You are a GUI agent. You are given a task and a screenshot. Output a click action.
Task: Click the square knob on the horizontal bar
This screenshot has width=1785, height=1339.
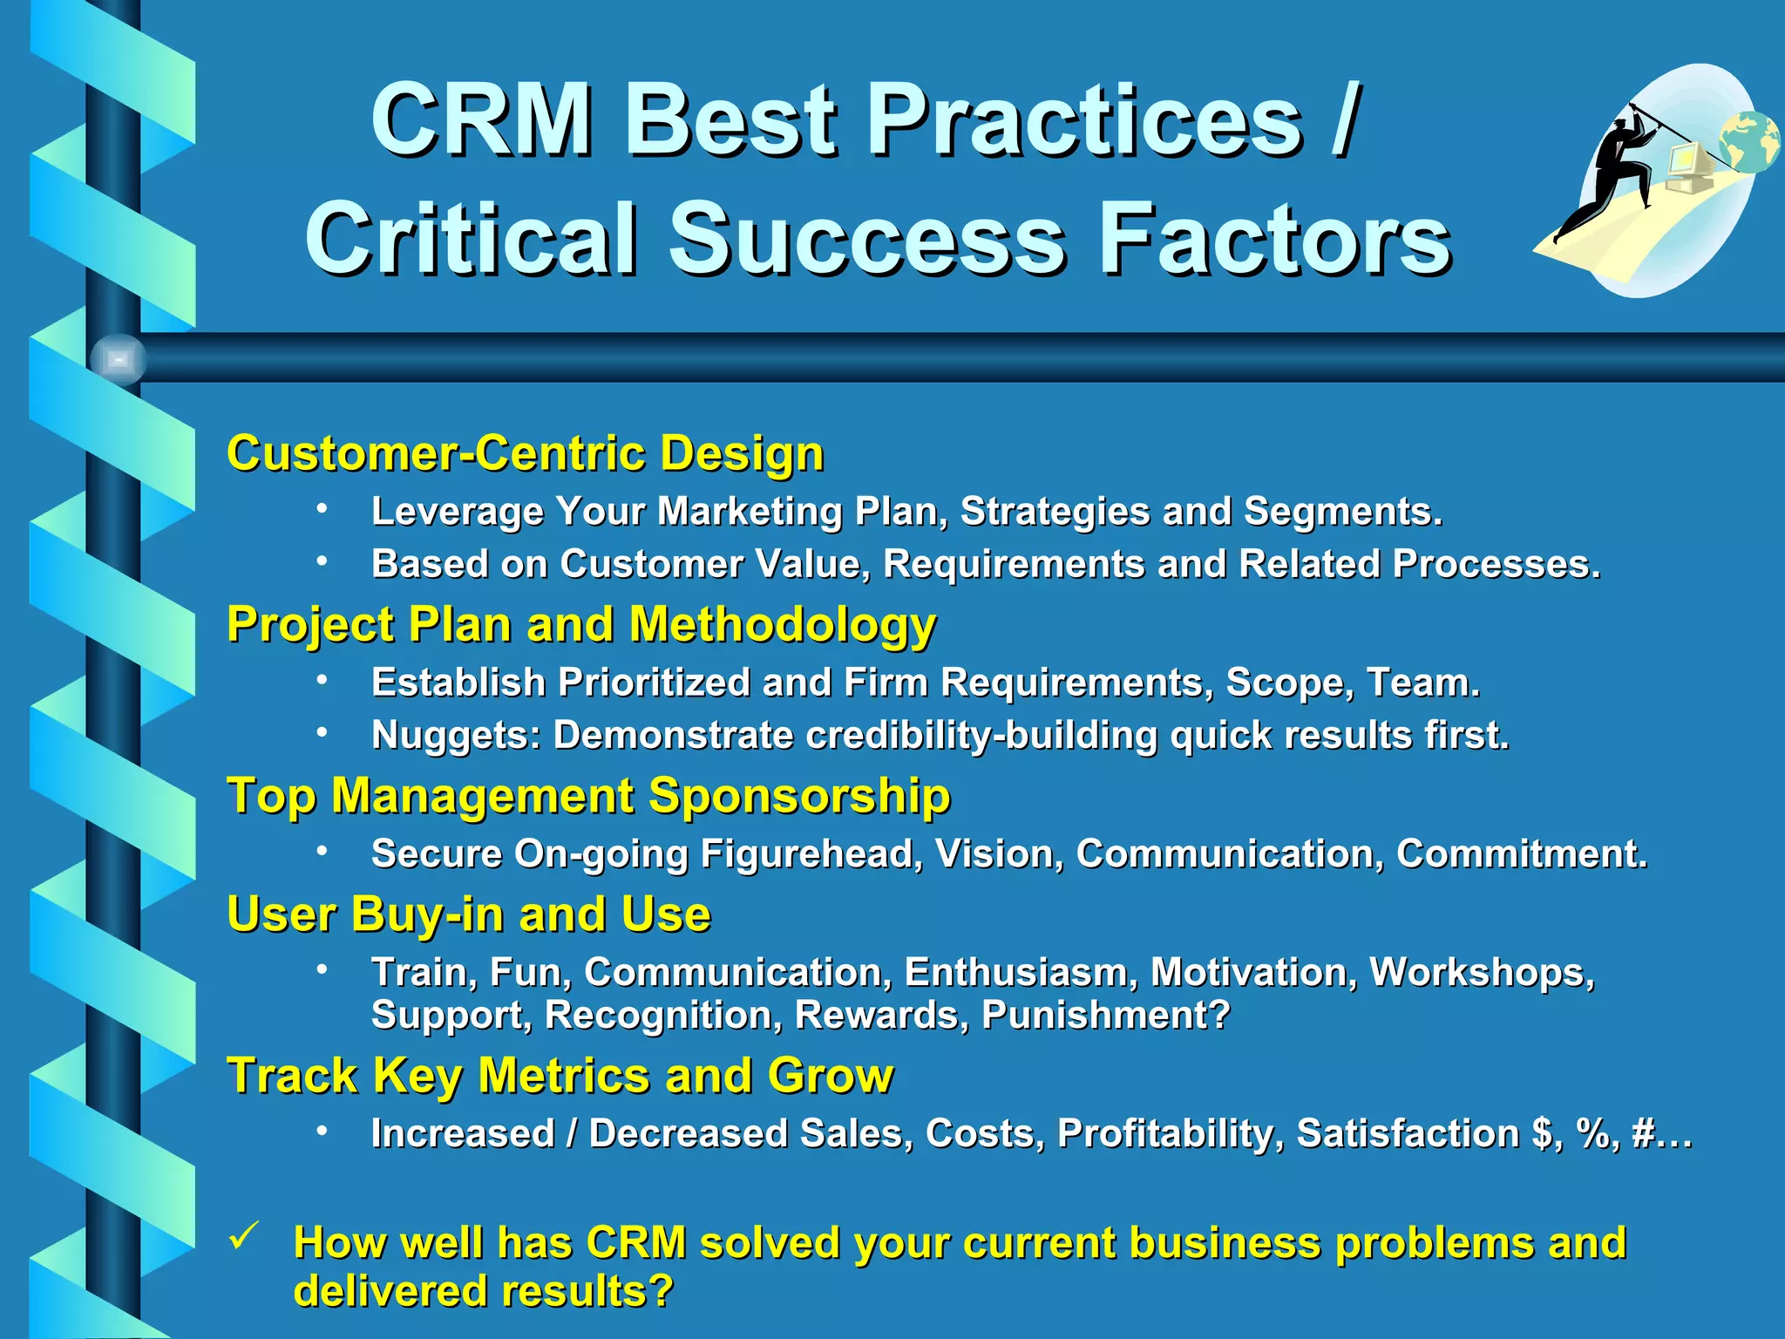pos(119,359)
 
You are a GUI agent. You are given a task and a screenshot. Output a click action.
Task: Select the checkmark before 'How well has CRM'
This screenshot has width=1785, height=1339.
pos(244,1236)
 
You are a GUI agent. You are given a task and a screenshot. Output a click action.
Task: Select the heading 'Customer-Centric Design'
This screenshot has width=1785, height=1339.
pos(525,453)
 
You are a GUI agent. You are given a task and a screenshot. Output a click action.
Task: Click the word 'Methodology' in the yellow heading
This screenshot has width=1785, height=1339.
pos(782,626)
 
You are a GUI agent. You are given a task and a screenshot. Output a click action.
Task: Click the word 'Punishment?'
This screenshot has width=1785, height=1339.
pos(1105,1015)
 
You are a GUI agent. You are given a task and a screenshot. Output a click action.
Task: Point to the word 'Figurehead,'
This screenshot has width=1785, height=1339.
pos(811,854)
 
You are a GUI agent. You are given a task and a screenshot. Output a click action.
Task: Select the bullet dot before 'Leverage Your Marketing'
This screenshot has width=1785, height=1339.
pos(322,508)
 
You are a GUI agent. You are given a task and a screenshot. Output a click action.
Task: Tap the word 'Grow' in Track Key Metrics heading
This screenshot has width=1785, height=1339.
pos(830,1076)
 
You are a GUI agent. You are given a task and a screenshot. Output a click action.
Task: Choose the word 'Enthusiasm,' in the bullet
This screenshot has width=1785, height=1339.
pos(1020,972)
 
